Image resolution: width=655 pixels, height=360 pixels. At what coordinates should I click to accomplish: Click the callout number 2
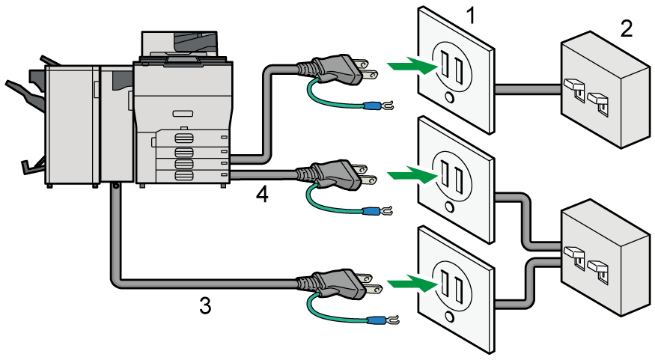[626, 28]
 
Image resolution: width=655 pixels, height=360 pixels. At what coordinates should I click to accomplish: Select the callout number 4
[261, 195]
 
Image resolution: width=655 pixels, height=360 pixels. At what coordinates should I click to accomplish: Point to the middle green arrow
[412, 177]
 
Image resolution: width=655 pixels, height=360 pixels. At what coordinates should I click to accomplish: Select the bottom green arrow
[412, 285]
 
